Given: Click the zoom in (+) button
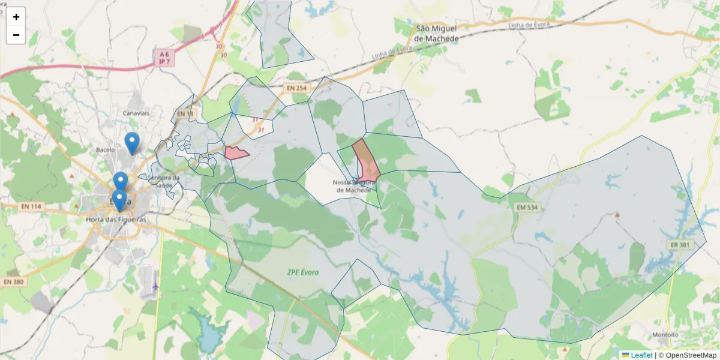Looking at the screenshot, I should pos(16,17).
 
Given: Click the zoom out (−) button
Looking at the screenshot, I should pos(16,35).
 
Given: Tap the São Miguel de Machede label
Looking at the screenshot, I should pos(437,34).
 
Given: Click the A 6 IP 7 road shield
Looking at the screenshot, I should pos(162,58).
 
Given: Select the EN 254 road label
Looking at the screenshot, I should pos(296,88).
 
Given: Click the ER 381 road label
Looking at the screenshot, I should pos(680,244).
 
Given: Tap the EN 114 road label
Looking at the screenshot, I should pos(32,207).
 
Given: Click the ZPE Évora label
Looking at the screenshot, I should pos(302,272).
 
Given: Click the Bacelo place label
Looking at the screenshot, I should pos(105,149).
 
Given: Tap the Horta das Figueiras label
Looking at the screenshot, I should pos(116,220).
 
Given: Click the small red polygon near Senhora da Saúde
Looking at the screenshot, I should pos(236,153).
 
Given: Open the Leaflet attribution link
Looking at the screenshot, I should pos(641,355).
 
